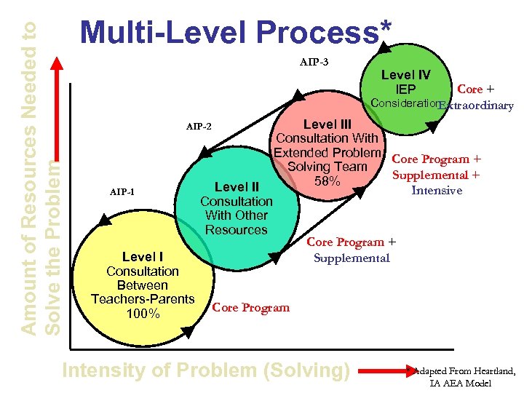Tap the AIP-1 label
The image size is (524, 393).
122,192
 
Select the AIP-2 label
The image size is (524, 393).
198,127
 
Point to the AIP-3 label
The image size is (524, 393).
314,62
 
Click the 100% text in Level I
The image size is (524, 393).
142,314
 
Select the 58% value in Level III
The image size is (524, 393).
327,181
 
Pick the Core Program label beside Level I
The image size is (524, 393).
250,307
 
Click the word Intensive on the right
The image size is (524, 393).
437,191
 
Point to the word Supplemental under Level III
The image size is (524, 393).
352,258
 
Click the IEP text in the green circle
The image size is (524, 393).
405,90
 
